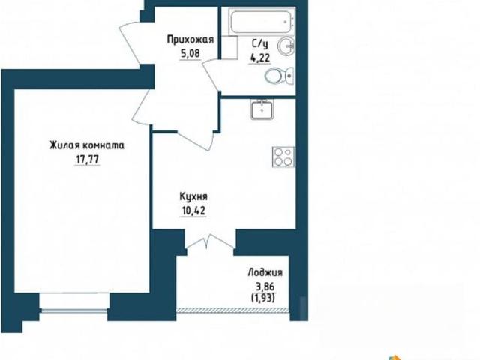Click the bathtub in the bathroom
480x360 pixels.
click(x=262, y=22)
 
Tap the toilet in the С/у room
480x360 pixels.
click(x=279, y=75)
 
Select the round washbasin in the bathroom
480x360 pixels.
click(x=286, y=46)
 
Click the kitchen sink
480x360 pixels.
click(x=262, y=109)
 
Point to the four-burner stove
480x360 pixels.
click(x=283, y=157)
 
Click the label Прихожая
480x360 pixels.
click(x=190, y=40)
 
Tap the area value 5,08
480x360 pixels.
click(x=190, y=54)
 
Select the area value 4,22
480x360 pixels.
click(x=260, y=58)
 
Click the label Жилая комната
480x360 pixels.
click(x=87, y=145)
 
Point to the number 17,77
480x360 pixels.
click(x=87, y=160)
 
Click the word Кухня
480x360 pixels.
click(x=193, y=196)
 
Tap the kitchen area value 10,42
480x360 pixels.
click(x=193, y=211)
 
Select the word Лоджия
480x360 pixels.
click(x=265, y=272)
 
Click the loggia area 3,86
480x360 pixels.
click(x=265, y=286)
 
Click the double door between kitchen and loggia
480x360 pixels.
click(x=210, y=241)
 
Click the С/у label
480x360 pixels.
click(x=260, y=44)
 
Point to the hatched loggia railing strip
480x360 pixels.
click(x=233, y=310)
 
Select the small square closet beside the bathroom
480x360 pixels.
click(x=229, y=47)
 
